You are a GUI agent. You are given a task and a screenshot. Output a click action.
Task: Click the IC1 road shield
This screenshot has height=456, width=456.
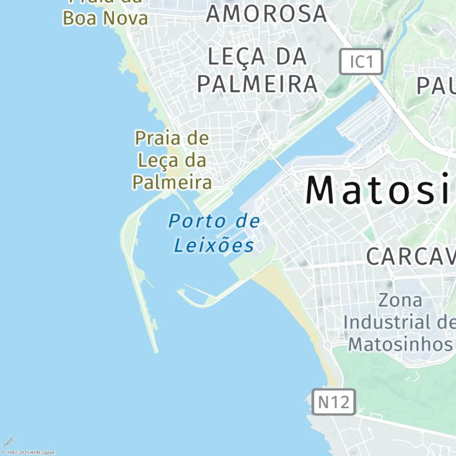361,61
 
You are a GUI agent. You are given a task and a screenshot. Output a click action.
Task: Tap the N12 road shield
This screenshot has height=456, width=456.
334,402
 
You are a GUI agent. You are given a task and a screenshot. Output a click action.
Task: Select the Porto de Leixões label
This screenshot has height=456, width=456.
214,233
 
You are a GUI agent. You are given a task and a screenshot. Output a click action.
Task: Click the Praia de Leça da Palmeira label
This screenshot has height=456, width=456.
172,160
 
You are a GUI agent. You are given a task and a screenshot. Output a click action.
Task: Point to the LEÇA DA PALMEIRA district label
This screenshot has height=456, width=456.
257,70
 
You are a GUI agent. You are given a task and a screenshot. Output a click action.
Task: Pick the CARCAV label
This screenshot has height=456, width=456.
410,256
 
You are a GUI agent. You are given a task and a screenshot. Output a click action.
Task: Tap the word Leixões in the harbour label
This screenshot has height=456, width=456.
214,246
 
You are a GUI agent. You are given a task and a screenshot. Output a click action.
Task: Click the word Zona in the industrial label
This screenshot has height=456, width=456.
401,300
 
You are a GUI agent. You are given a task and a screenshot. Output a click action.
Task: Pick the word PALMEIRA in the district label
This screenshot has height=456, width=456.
257,84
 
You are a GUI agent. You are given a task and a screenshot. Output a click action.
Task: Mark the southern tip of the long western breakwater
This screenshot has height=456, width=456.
156,350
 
